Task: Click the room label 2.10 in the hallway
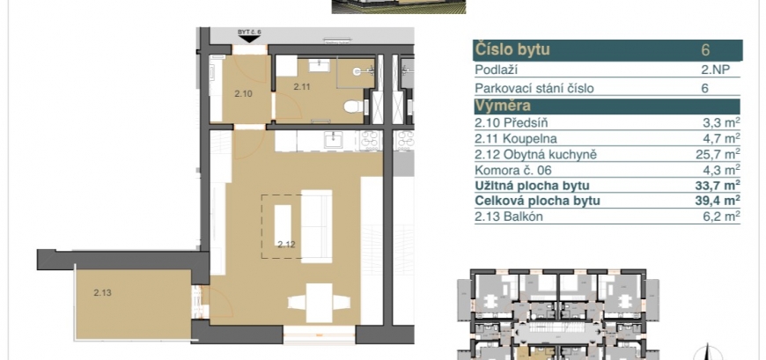[x=243, y=94]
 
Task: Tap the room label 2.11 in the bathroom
[x=301, y=87]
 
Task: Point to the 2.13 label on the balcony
[x=103, y=293]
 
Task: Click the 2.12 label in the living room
[x=287, y=244]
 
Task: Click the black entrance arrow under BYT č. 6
[x=250, y=39]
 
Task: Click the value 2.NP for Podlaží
[x=715, y=70]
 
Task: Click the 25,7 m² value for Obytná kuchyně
[x=718, y=154]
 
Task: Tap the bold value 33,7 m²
[x=718, y=185]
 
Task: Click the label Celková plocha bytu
[x=537, y=201]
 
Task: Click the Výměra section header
[x=503, y=106]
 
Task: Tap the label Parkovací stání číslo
[x=534, y=89]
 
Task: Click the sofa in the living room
[x=317, y=226]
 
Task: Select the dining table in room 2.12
[x=319, y=303]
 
